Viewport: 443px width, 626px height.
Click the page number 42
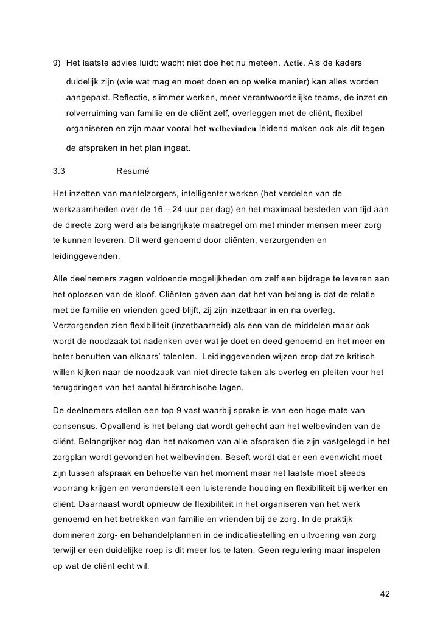tap(384, 594)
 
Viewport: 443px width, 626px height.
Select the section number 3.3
tap(60, 171)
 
